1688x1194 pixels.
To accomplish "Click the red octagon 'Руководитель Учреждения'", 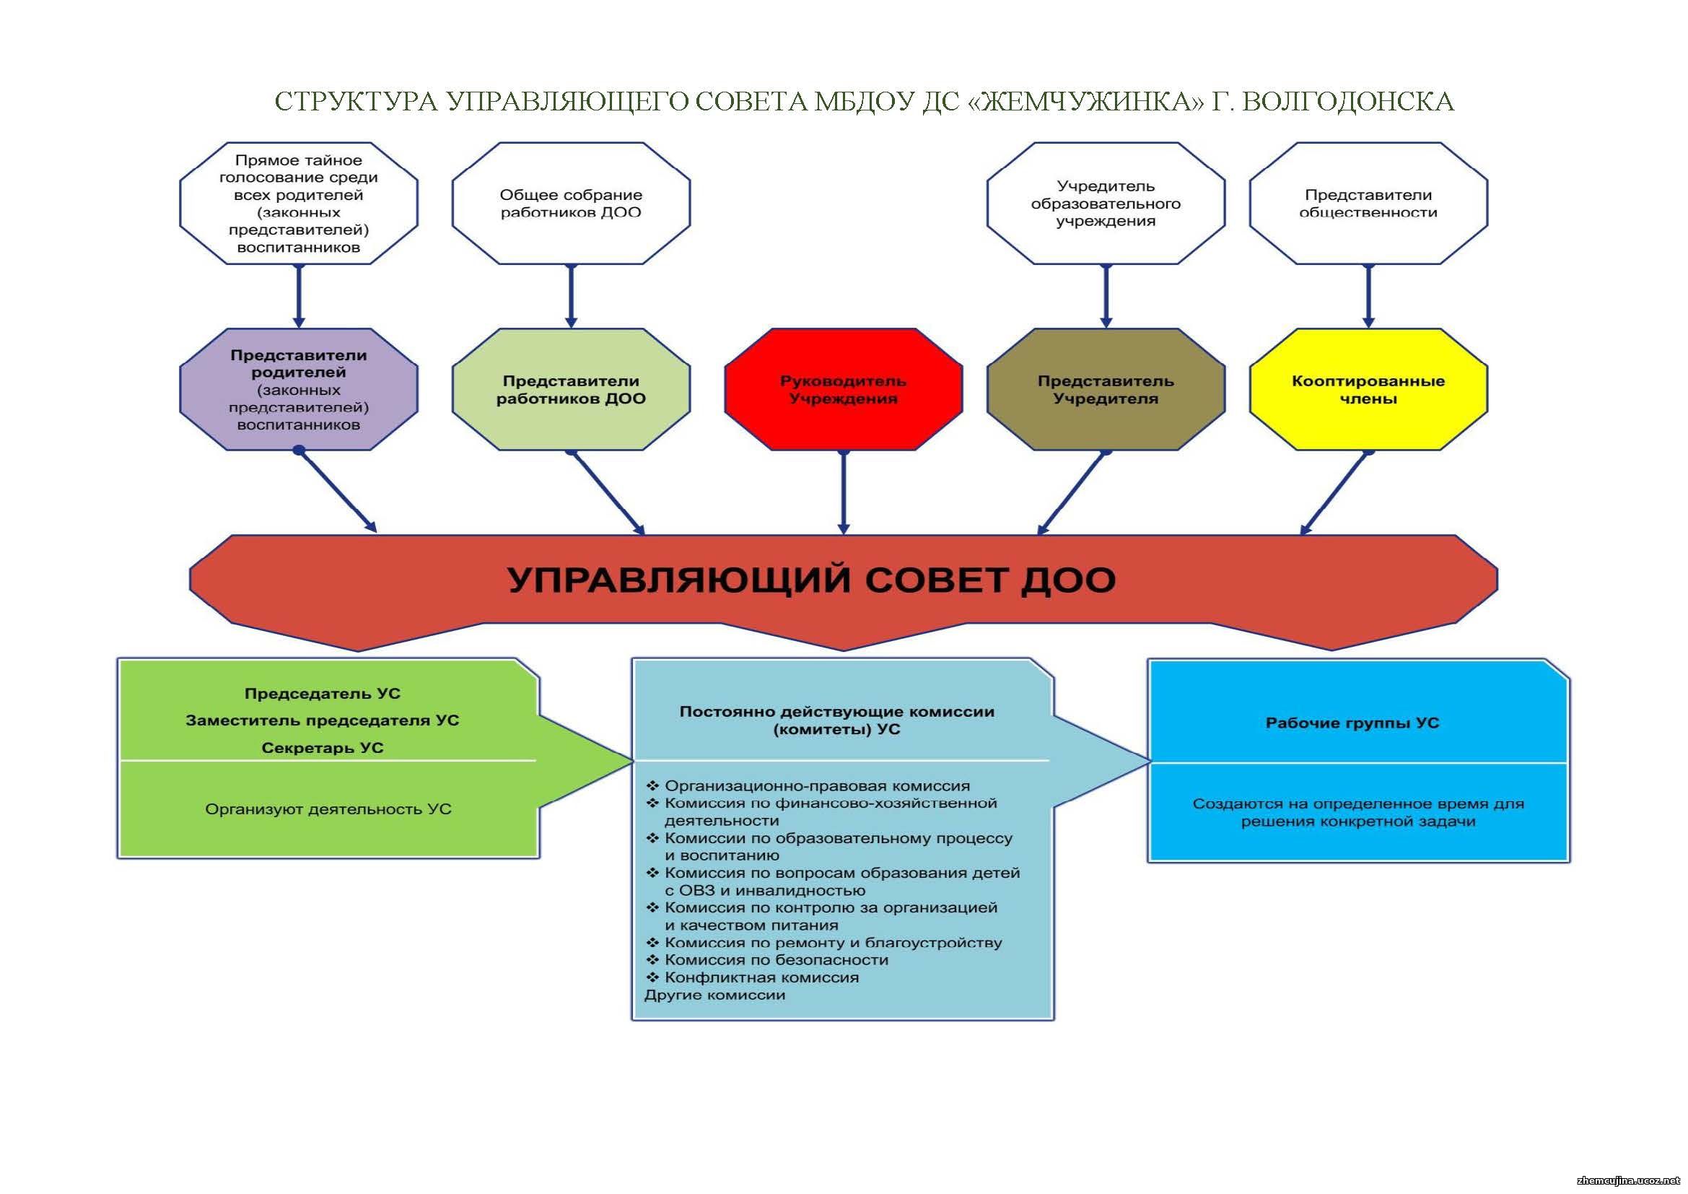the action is tap(843, 389).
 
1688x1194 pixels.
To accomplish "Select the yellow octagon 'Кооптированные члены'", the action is tap(1368, 389).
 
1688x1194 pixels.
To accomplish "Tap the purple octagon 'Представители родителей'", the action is tap(299, 389).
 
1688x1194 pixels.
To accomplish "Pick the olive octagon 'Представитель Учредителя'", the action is tap(1106, 389).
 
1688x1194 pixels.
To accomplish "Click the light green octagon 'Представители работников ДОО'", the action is tap(572, 389).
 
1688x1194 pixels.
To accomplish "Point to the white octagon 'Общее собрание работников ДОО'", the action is tap(572, 203).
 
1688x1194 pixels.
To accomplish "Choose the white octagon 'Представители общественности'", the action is tap(1368, 203).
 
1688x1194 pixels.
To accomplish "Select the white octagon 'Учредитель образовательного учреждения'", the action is tap(1106, 203).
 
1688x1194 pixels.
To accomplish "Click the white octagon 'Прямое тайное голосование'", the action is tap(299, 203).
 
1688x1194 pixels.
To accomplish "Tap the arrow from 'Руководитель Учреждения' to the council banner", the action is tap(843, 492).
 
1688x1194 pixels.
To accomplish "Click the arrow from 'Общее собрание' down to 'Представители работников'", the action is tap(572, 296).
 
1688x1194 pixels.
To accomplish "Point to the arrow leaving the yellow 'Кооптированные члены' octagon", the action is tap(1335, 492).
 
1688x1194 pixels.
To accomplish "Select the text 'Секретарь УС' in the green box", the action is tap(323, 748).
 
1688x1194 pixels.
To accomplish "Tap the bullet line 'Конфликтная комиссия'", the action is tap(752, 978).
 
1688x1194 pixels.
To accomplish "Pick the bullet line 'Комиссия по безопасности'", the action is tap(767, 960).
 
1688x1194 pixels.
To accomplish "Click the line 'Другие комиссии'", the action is tap(714, 995).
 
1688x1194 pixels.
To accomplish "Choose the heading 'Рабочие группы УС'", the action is tap(1352, 723).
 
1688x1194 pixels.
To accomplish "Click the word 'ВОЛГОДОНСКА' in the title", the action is tap(1347, 101).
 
